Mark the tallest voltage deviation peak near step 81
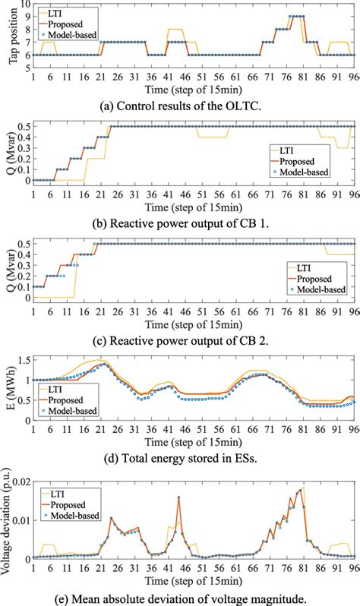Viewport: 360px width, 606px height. tap(303, 487)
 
